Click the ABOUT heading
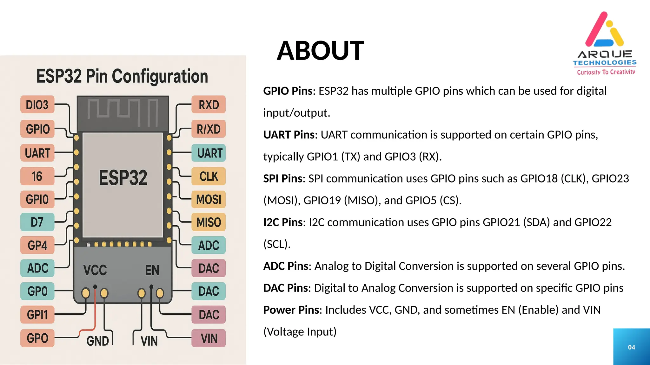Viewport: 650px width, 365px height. tap(320, 51)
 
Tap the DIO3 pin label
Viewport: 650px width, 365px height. tap(37, 105)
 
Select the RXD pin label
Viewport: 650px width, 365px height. tap(209, 105)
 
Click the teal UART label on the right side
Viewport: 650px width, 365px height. tap(209, 153)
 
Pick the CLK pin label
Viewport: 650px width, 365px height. tap(209, 176)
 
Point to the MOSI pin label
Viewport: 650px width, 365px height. tap(209, 199)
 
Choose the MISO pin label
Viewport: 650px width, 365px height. tap(209, 222)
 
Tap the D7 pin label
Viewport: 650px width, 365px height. tap(37, 222)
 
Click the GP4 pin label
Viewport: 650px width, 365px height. tap(37, 245)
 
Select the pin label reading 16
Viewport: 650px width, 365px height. tap(37, 176)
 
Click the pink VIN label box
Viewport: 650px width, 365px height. tap(209, 338)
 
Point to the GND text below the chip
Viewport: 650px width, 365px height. tap(98, 341)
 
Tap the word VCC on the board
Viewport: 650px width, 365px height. tap(95, 270)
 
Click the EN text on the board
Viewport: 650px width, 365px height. tap(152, 270)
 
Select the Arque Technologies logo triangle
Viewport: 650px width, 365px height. tap(604, 30)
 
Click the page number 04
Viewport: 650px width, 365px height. tap(631, 347)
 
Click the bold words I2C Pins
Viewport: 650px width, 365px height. tap(283, 222)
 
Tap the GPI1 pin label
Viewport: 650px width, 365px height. tap(37, 315)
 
